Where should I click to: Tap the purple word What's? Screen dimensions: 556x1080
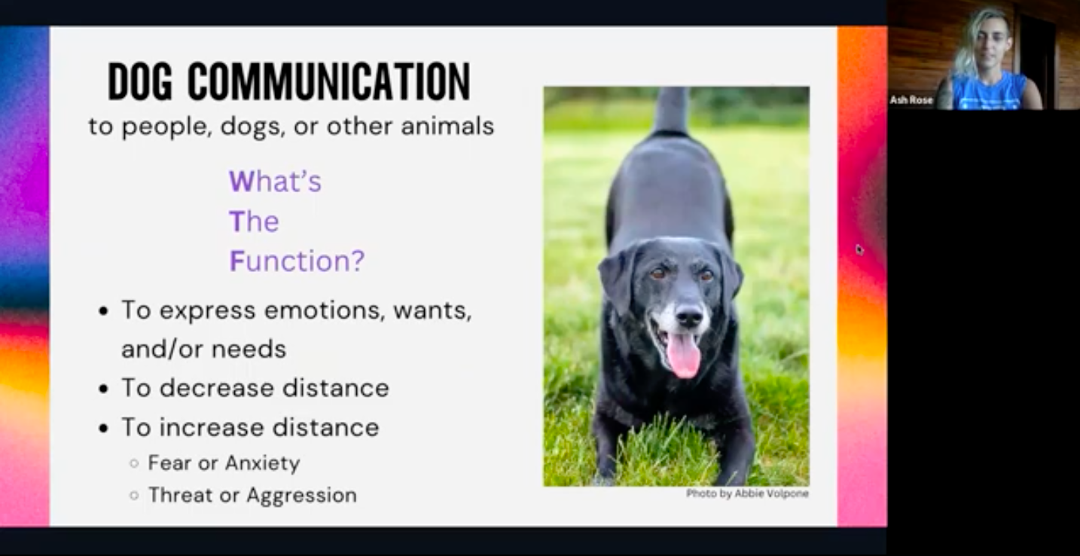coord(275,182)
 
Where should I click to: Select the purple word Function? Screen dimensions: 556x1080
coord(297,261)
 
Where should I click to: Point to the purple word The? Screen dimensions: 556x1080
coord(254,221)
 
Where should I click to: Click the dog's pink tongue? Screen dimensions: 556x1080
coord(684,354)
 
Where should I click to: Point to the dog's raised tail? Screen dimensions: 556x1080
coord(672,109)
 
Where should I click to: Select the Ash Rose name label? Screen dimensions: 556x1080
coord(911,100)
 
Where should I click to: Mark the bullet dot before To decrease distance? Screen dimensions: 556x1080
coord(105,389)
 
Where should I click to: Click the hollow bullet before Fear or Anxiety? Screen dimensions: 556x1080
coord(134,463)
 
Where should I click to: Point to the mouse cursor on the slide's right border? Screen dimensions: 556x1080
coord(859,249)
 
